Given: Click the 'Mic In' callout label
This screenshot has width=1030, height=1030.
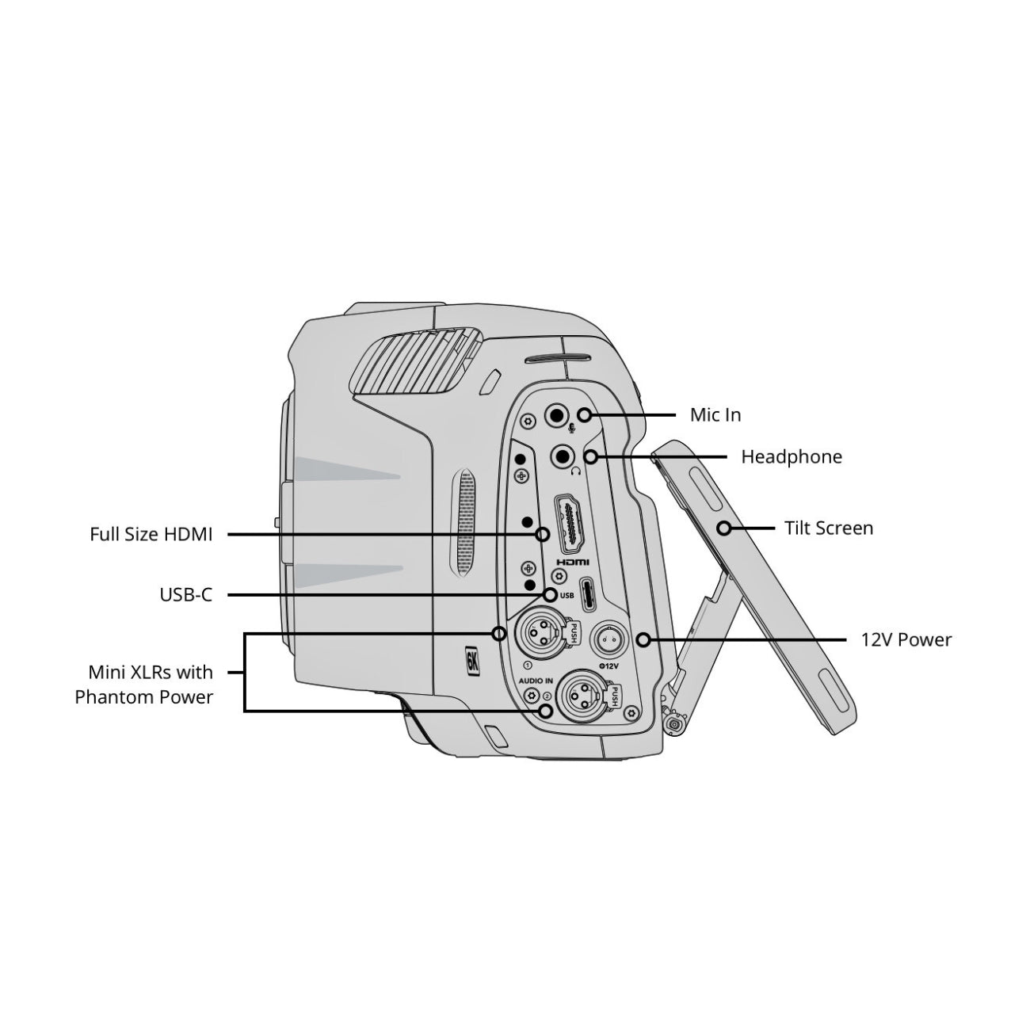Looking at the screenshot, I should pyautogui.click(x=715, y=415).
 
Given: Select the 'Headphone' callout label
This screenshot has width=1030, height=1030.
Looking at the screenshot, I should pyautogui.click(x=791, y=457).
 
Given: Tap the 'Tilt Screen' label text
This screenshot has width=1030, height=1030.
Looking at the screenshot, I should pyautogui.click(x=828, y=528).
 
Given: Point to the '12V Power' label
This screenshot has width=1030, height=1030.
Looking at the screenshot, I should pyautogui.click(x=906, y=639).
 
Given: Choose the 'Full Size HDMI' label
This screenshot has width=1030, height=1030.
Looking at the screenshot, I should pyautogui.click(x=151, y=535).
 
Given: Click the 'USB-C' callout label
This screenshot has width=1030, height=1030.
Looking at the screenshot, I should pyautogui.click(x=186, y=594).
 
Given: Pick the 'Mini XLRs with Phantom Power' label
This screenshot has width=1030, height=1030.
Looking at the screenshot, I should pyautogui.click(x=144, y=685).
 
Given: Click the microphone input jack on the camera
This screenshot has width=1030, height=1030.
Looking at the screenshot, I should pyautogui.click(x=557, y=414).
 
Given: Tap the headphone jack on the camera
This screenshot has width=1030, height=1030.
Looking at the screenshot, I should pyautogui.click(x=563, y=456).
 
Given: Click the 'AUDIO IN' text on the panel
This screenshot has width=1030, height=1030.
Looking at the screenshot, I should pyautogui.click(x=536, y=681).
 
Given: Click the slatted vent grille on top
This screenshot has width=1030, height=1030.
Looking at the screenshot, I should pyautogui.click(x=412, y=360).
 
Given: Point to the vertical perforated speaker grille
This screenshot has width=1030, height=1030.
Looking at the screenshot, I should pyautogui.click(x=465, y=522).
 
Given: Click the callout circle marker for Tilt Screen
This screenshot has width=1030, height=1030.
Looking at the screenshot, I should pyautogui.click(x=723, y=528).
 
